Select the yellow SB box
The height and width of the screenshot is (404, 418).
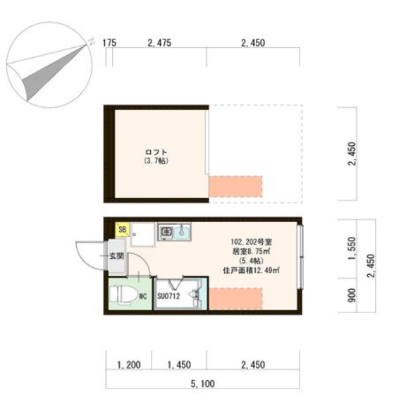(x=122, y=229)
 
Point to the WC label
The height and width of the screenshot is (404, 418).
(x=142, y=296)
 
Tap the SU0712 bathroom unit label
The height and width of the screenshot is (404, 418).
(x=169, y=295)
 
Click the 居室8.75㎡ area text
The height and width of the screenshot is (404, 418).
(x=251, y=250)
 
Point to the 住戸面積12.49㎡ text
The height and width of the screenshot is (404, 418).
(x=252, y=269)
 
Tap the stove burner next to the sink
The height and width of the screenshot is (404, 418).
(x=166, y=231)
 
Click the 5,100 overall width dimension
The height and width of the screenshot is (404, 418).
(x=202, y=384)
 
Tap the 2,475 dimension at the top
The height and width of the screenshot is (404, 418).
(x=159, y=43)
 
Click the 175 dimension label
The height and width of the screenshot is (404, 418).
(x=109, y=43)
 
